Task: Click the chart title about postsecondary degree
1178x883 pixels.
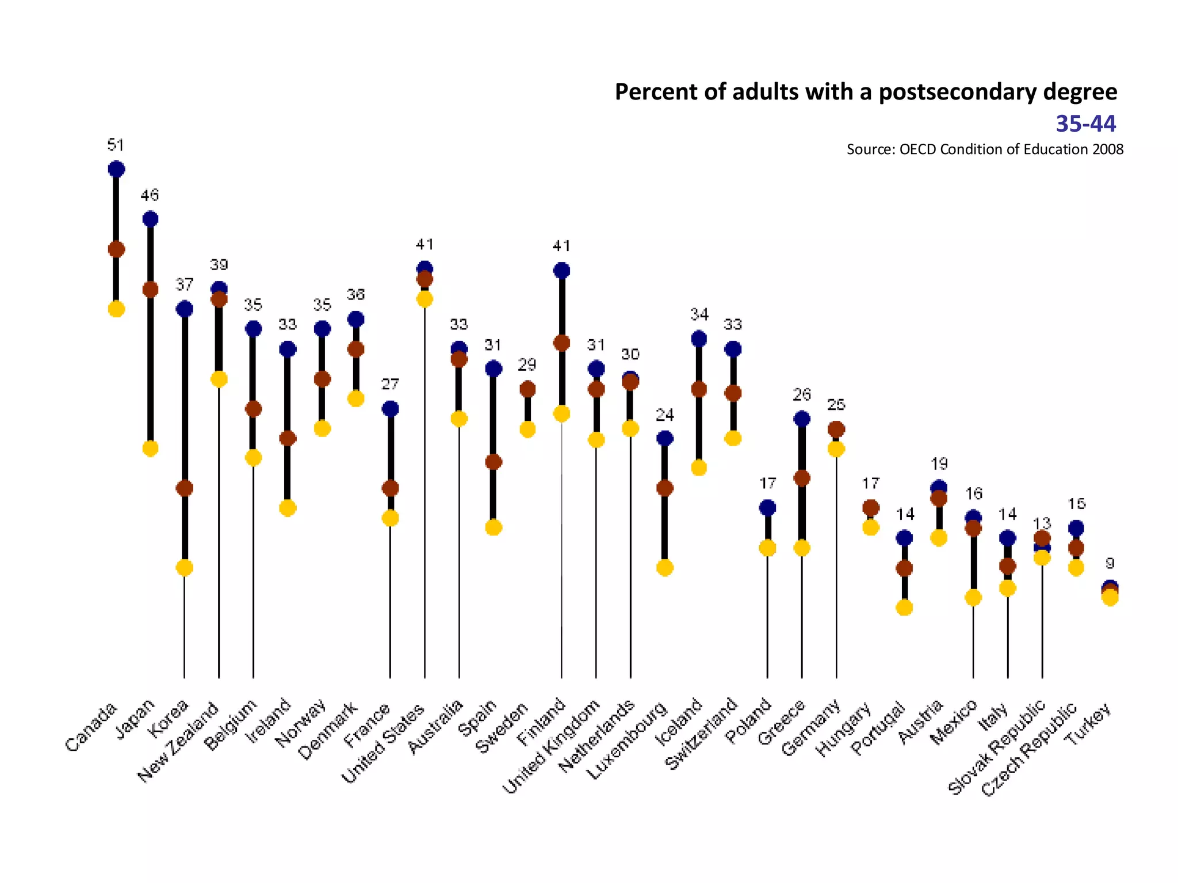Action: pos(866,92)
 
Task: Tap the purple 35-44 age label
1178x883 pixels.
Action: pos(1085,124)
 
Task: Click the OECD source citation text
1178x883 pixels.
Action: pos(984,149)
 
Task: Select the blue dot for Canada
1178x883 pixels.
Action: pos(116,169)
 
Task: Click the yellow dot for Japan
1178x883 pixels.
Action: pos(150,448)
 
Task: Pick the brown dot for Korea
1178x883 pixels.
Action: pos(184,489)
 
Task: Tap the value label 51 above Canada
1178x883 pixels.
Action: pos(116,145)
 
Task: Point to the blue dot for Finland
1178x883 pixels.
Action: pos(561,270)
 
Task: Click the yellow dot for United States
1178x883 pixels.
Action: pos(424,299)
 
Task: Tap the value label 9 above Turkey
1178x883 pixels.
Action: pos(1110,563)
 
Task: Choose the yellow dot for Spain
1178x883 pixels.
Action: pos(494,527)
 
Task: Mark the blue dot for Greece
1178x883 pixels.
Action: pos(802,419)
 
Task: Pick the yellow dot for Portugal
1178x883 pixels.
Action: pos(904,608)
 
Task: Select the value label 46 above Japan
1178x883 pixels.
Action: pos(150,195)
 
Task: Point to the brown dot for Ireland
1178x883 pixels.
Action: pos(288,439)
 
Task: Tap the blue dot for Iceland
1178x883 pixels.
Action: pos(699,339)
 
